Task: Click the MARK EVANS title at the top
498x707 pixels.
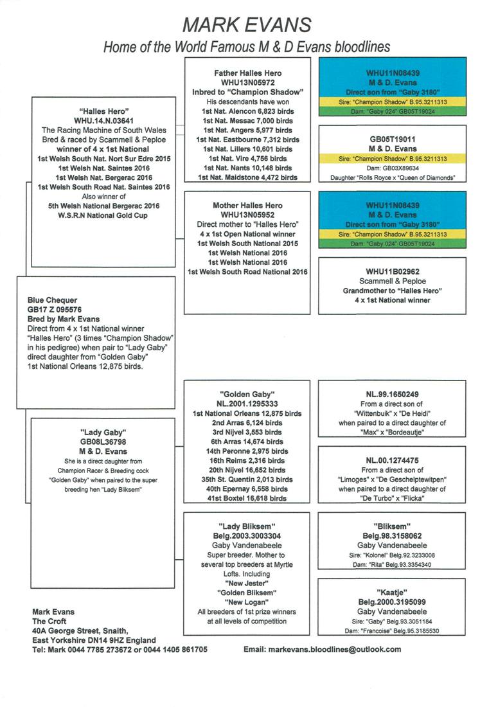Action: (247, 24)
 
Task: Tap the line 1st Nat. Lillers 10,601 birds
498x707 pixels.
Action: (247, 148)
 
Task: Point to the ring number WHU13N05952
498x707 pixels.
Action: (247, 215)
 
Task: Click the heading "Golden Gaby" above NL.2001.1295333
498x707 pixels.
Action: (247, 393)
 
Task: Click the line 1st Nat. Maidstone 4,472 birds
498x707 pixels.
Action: (247, 177)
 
